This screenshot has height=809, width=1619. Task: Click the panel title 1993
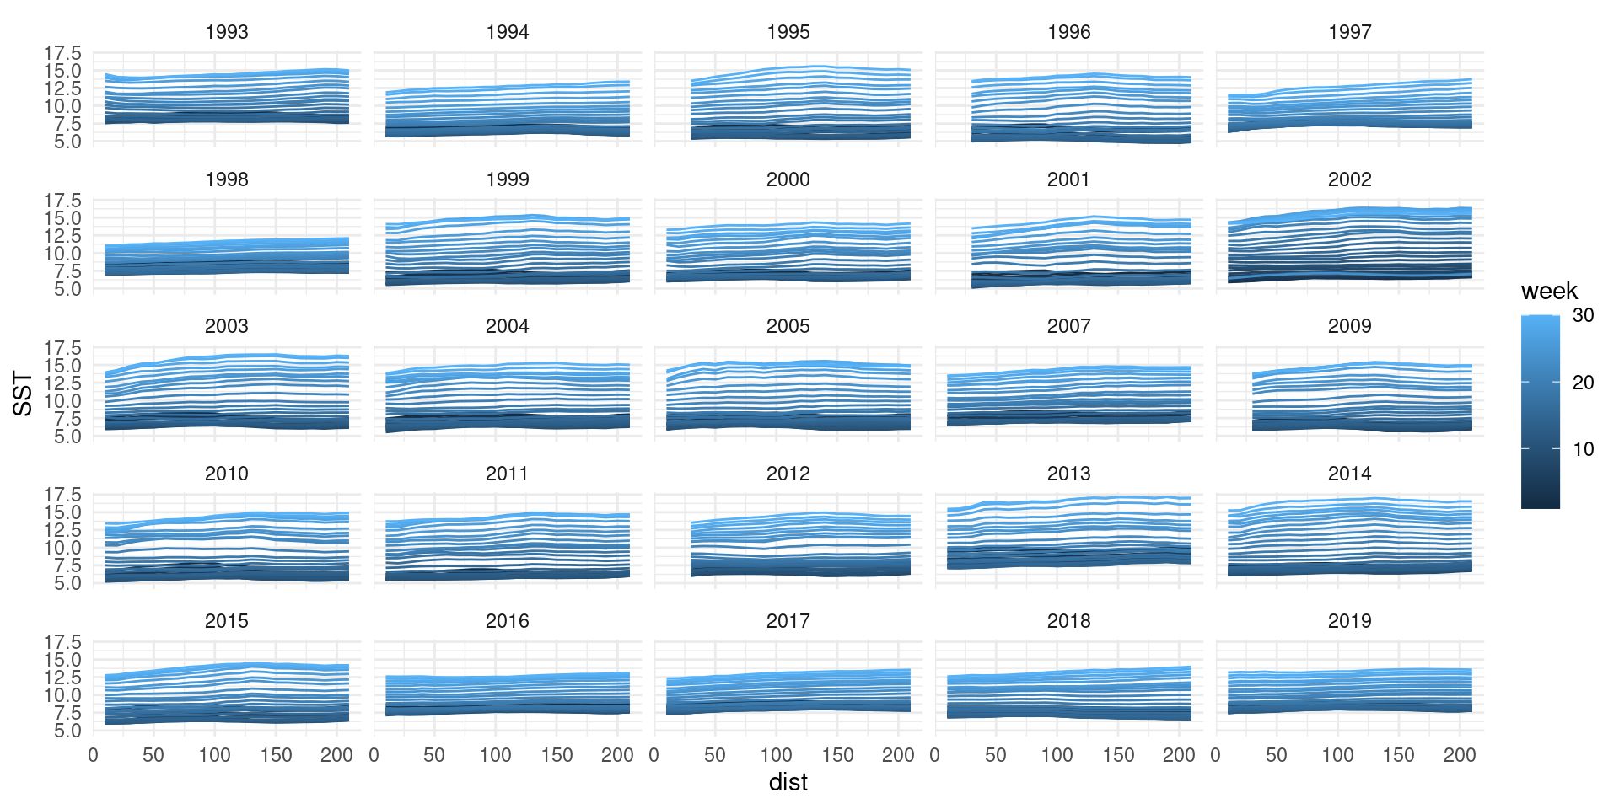click(x=226, y=32)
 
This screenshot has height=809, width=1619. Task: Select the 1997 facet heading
click(x=1349, y=32)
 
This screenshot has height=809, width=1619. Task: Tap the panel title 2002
click(x=1349, y=179)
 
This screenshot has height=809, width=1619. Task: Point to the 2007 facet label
click(x=1068, y=326)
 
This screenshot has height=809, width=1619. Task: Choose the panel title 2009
click(x=1349, y=326)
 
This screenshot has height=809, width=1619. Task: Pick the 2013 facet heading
click(x=1068, y=474)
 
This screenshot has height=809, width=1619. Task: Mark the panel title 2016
click(x=507, y=621)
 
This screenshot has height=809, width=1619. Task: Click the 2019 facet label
click(x=1349, y=621)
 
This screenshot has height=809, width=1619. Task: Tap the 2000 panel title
click(x=788, y=179)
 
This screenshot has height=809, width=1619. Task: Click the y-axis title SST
click(x=23, y=394)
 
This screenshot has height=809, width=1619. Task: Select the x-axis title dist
click(x=788, y=782)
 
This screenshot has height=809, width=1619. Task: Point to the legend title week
click(x=1549, y=291)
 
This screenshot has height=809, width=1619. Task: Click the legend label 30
click(x=1583, y=315)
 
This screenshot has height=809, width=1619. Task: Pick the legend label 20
click(x=1583, y=382)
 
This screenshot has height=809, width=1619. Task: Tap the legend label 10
click(x=1583, y=449)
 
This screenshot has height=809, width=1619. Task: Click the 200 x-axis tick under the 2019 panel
click(x=1460, y=755)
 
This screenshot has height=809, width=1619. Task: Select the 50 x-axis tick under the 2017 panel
click(x=715, y=755)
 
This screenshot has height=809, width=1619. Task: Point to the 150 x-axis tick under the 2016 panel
click(x=557, y=755)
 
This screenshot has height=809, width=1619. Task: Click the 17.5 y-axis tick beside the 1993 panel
click(x=63, y=53)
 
